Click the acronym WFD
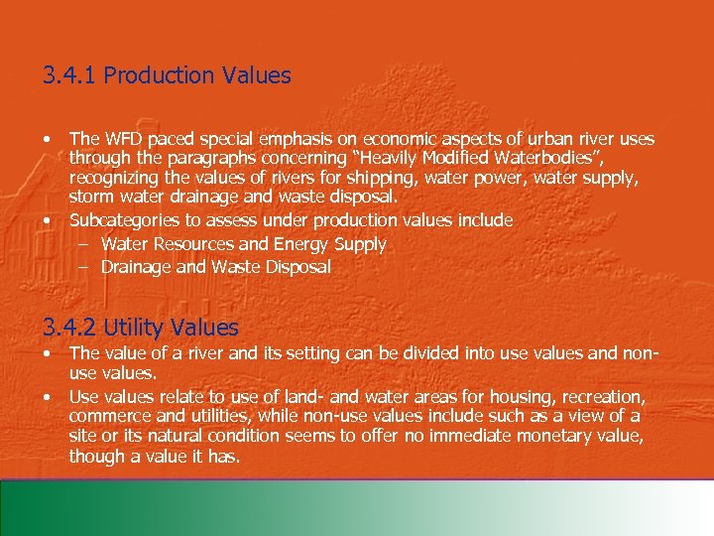(x=122, y=140)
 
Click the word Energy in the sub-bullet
(x=306, y=244)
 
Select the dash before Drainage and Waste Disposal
(x=85, y=267)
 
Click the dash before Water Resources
(x=85, y=244)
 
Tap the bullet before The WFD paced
(x=48, y=140)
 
